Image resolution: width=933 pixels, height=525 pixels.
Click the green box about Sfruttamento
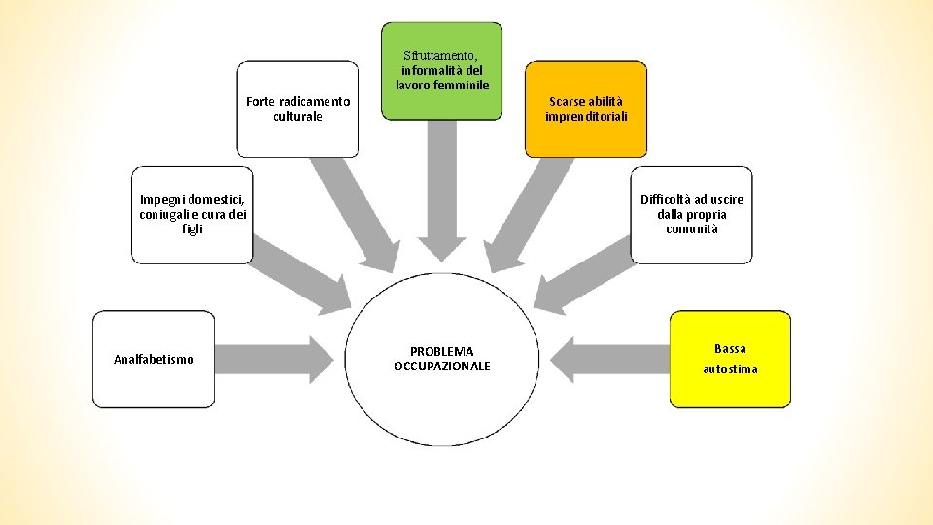tap(441, 71)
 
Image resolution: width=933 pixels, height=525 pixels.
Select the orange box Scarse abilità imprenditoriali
tap(585, 109)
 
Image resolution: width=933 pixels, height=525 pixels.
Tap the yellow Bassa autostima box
tap(730, 359)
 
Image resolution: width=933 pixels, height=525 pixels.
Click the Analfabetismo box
tap(153, 359)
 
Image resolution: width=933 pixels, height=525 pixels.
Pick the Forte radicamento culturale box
tap(297, 109)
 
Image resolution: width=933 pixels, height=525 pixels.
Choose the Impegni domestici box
tap(191, 215)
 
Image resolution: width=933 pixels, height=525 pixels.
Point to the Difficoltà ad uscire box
tap(691, 215)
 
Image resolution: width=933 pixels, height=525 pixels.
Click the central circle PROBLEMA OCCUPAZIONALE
tap(441, 359)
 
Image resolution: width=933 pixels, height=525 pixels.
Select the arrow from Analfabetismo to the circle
tap(278, 359)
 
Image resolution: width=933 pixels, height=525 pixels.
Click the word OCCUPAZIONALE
tap(441, 367)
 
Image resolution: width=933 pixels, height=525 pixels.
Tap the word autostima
tap(730, 369)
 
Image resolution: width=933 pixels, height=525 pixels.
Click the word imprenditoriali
tap(585, 117)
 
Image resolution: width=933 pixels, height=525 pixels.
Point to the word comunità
tap(691, 229)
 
